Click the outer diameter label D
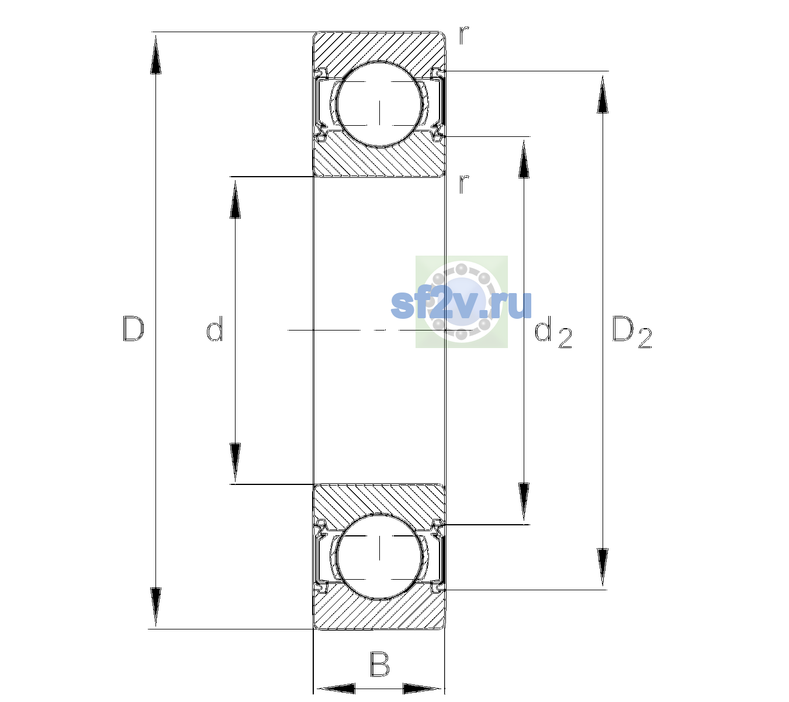click(x=133, y=329)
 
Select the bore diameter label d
click(x=214, y=328)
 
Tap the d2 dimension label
click(x=553, y=332)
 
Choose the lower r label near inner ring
click(x=463, y=184)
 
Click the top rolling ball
click(x=379, y=105)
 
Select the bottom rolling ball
click(x=379, y=556)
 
